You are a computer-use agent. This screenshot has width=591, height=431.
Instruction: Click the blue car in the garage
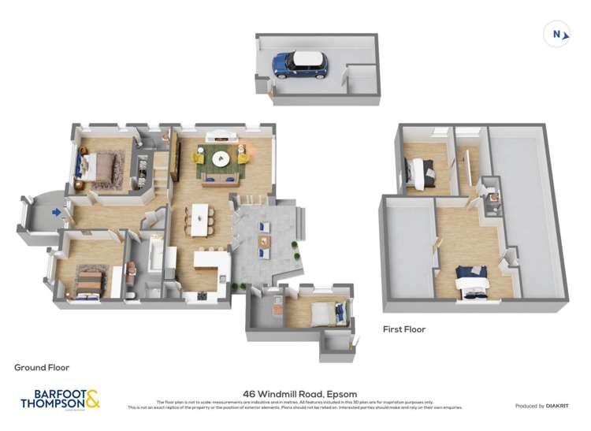coord(300,65)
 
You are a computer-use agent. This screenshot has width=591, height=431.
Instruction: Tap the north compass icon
coord(556,33)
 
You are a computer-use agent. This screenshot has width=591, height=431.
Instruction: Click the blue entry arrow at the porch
coord(55,211)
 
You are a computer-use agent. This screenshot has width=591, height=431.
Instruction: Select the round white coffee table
coord(220,158)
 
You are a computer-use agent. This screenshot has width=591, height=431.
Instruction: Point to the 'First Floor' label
coord(403,329)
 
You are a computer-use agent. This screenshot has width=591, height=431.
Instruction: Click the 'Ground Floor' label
coord(42,367)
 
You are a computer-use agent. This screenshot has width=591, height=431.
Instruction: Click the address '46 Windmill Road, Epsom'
coord(295,394)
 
